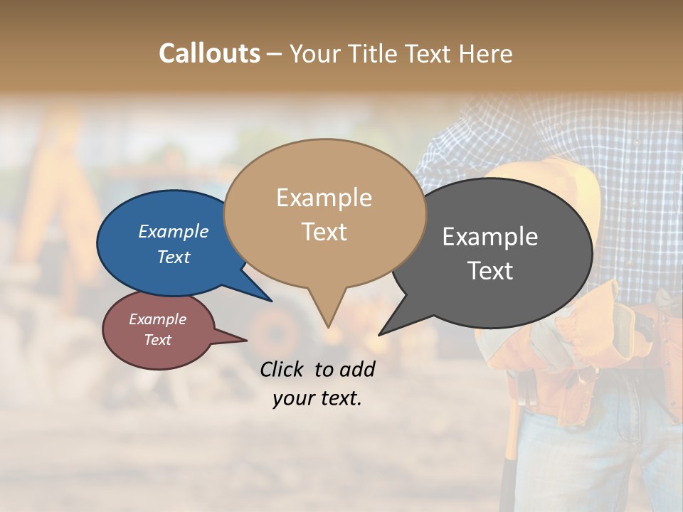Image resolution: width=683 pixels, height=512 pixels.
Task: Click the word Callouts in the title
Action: [x=209, y=54]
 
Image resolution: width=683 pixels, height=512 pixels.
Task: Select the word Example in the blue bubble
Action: [x=174, y=231]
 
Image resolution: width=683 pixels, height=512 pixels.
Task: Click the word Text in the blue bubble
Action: [x=174, y=257]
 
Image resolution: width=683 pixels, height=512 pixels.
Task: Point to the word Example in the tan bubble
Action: [x=324, y=198]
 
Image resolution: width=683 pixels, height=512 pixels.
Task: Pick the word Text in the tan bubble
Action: [x=324, y=232]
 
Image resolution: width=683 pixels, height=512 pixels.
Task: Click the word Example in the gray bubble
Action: [x=490, y=237]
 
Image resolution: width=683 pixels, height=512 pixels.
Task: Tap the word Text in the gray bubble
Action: [x=490, y=271]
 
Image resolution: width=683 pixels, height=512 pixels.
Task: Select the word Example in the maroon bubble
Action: [x=157, y=319]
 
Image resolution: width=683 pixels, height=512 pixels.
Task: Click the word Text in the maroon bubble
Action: [x=157, y=340]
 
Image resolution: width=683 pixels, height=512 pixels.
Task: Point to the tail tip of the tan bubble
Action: [x=328, y=326]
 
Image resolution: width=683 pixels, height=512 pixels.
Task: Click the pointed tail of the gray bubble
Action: [x=380, y=334]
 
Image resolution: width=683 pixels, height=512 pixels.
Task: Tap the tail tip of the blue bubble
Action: [x=270, y=300]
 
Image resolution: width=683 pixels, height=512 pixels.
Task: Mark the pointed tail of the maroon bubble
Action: [x=245, y=340]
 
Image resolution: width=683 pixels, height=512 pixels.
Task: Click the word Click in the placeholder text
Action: [x=282, y=369]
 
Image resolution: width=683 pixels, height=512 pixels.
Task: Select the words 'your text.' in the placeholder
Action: [x=317, y=399]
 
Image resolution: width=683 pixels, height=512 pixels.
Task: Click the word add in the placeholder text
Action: [x=357, y=369]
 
